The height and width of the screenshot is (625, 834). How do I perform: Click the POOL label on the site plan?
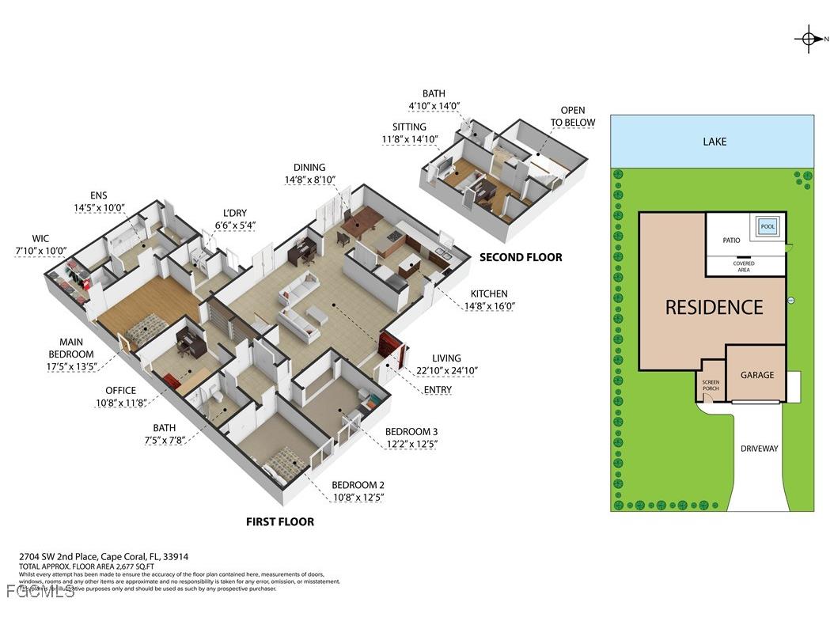(768, 226)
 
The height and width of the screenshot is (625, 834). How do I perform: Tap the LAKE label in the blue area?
(715, 142)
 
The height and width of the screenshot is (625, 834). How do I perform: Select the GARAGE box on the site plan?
(756, 375)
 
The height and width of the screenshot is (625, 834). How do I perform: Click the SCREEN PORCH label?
(710, 385)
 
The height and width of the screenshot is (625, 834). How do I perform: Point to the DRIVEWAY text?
(759, 449)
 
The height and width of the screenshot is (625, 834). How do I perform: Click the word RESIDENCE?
(714, 307)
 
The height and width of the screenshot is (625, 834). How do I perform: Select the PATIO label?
(730, 240)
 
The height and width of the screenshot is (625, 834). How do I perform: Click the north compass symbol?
(809, 38)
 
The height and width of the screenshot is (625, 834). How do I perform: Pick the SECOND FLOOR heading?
(521, 257)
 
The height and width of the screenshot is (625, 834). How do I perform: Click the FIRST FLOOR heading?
(279, 522)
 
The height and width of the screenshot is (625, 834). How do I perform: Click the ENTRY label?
(438, 389)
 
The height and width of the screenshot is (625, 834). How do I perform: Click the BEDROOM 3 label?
(411, 431)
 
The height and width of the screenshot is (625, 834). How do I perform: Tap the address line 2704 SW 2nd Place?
(103, 557)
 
